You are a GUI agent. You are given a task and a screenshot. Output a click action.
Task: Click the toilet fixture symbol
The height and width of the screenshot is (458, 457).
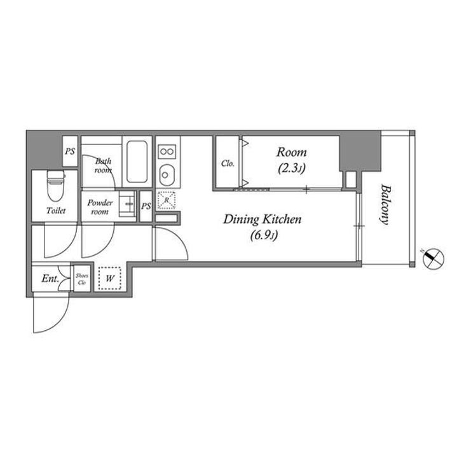[x=55, y=186]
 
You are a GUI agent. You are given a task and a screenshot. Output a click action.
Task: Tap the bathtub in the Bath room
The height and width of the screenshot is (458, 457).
[x=137, y=162]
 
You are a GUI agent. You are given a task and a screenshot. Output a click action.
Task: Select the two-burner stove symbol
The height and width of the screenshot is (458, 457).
[x=167, y=151]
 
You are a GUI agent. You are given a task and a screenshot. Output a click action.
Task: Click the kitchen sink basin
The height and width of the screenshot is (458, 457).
[x=167, y=175]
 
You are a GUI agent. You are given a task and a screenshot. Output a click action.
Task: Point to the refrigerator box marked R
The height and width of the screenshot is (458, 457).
[x=167, y=200]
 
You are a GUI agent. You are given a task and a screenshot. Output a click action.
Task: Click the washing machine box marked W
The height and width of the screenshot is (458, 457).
[x=110, y=278]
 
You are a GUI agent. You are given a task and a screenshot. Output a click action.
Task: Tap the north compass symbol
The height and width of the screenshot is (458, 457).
[x=433, y=258]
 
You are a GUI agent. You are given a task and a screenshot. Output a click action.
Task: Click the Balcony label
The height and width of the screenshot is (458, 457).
[x=385, y=204]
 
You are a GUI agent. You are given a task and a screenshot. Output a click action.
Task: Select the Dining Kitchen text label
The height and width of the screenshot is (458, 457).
[x=262, y=219]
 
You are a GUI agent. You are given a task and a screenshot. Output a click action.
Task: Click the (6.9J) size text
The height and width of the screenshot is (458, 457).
[x=264, y=235]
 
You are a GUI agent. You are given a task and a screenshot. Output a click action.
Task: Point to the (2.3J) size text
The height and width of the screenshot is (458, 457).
[x=292, y=169]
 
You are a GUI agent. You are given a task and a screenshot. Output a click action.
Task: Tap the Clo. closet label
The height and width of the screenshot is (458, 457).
[x=228, y=163]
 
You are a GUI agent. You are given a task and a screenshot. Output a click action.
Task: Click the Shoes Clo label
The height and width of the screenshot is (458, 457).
[x=82, y=279]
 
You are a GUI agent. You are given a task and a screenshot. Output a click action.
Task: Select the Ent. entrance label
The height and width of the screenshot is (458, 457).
[x=50, y=279]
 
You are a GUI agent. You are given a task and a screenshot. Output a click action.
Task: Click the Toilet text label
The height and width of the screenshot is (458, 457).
[x=56, y=211]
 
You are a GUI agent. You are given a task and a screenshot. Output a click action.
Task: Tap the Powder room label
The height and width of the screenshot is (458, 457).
[x=100, y=207]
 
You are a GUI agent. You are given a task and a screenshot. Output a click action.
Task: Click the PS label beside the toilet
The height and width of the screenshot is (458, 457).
[x=70, y=151]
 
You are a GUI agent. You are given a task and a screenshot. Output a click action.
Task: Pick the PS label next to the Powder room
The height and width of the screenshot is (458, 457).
[x=146, y=206]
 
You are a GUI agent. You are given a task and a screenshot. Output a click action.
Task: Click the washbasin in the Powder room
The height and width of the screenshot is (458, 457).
[x=128, y=204]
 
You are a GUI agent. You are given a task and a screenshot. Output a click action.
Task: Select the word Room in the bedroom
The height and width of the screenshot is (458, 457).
[x=292, y=152]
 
